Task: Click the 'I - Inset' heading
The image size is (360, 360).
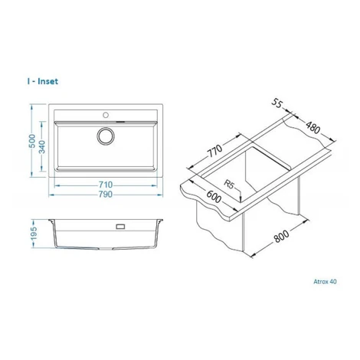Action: pyautogui.click(x=43, y=81)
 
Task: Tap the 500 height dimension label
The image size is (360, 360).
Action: pyautogui.click(x=32, y=141)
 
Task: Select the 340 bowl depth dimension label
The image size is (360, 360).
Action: pyautogui.click(x=42, y=146)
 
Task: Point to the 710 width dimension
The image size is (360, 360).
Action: pyautogui.click(x=106, y=185)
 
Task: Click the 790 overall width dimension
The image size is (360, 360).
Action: pyautogui.click(x=106, y=195)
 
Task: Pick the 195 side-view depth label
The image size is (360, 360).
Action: pyautogui.click(x=34, y=233)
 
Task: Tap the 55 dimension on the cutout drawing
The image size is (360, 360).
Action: pyautogui.click(x=277, y=103)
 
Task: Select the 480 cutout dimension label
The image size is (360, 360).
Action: pyautogui.click(x=313, y=128)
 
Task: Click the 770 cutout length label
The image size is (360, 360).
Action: pyautogui.click(x=214, y=151)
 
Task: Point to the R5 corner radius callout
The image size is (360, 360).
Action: pyautogui.click(x=229, y=184)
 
